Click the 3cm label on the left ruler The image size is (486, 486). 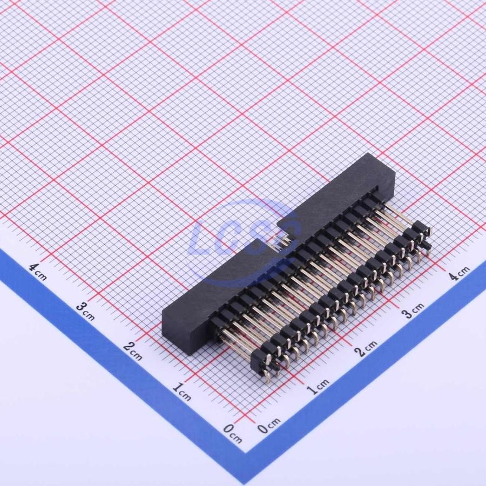click(x=85, y=311)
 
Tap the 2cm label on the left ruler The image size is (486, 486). click(x=133, y=350)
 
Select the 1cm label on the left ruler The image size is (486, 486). click(x=181, y=391)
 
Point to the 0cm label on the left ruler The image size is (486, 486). click(x=232, y=433)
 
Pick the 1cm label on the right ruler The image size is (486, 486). click(x=318, y=386)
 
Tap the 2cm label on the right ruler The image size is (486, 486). click(x=366, y=348)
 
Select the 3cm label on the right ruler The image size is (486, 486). click(x=413, y=310)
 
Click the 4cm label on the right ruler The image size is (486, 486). click(x=460, y=273)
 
